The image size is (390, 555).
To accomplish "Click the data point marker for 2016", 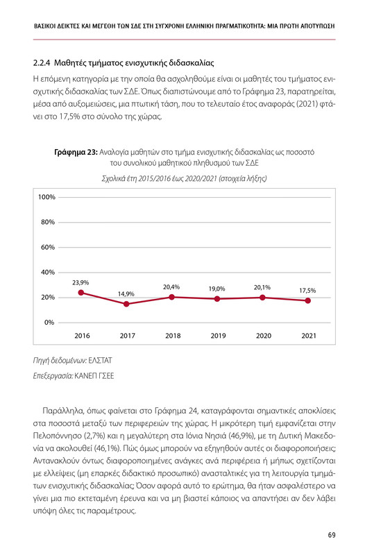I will (x=81, y=293).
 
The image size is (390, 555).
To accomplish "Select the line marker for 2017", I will (x=126, y=304).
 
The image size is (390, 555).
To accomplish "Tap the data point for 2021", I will (x=308, y=300).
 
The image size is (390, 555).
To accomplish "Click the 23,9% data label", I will (x=80, y=282).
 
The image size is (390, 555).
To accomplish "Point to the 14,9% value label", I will (x=126, y=294).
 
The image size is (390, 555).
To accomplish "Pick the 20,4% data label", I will (x=171, y=287).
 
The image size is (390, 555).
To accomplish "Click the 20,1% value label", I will (x=262, y=287).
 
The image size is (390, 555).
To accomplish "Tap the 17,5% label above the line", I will (x=308, y=290).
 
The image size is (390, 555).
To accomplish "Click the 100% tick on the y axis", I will (x=46, y=198).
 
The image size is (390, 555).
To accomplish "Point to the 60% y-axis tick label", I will (x=48, y=248).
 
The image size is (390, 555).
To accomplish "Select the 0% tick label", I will (x=50, y=323).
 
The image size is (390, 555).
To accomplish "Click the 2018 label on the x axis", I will (x=172, y=336).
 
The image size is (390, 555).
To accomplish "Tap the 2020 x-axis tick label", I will (x=263, y=336).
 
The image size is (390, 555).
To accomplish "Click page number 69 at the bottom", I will (x=332, y=535).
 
